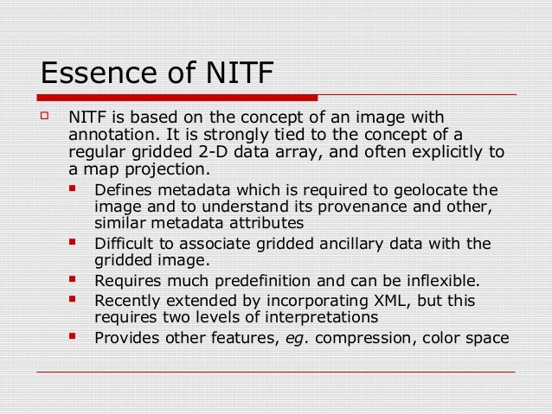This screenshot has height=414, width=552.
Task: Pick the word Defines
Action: [x=122, y=190]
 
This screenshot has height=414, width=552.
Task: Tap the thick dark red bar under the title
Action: [x=177, y=98]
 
